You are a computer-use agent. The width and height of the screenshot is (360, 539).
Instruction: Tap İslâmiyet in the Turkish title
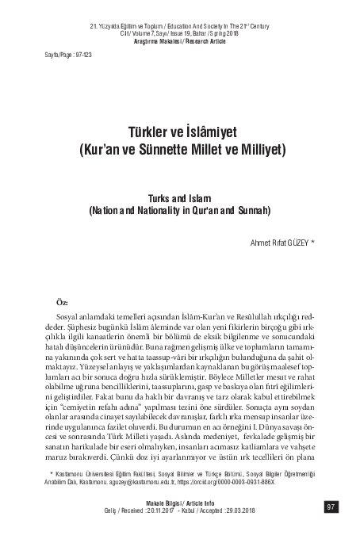click(203, 128)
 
